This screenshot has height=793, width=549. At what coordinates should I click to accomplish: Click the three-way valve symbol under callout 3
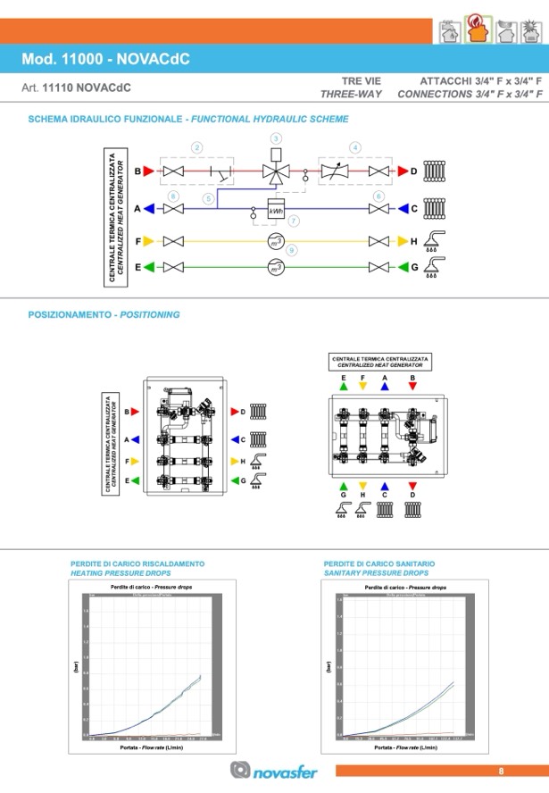[x=276, y=171]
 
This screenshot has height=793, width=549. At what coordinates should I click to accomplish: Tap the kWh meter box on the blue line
[x=276, y=211]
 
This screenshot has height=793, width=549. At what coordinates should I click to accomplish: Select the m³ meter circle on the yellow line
[x=276, y=241]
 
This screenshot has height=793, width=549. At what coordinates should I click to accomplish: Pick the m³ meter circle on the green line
[x=276, y=267]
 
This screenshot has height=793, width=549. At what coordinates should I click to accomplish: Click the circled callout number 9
[x=292, y=251]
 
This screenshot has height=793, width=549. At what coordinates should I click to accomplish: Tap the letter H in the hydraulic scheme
[x=413, y=241]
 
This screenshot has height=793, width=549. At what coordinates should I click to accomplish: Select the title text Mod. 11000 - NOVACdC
[x=106, y=60]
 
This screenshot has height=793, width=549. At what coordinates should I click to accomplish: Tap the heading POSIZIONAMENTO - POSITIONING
[x=104, y=314]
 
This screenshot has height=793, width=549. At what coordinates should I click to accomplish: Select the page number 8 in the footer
[x=502, y=771]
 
